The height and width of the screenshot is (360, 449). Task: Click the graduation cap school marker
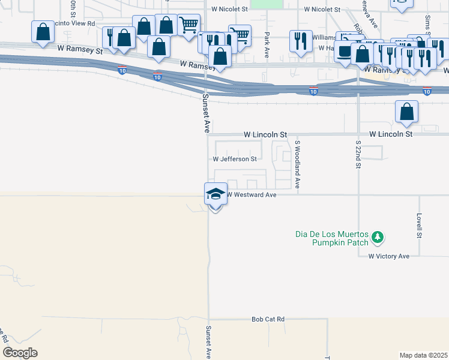215,194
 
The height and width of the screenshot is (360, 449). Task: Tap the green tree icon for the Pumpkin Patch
378,238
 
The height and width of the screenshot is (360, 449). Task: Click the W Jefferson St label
235,159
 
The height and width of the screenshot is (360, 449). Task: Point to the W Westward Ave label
251,194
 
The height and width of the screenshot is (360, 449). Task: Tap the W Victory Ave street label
388,256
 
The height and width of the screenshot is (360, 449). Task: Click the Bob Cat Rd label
268,320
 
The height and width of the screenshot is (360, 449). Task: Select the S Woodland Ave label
297,164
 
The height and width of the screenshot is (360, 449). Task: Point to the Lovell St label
420,226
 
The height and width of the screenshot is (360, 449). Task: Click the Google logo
20,353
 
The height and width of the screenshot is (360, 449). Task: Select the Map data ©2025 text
423,355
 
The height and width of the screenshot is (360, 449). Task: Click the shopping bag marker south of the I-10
407,112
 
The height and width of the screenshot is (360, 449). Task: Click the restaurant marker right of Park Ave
298,41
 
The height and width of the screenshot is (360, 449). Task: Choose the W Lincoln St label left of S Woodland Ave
265,135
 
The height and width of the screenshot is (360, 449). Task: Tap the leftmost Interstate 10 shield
122,70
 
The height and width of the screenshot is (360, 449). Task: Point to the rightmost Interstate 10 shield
427,91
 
